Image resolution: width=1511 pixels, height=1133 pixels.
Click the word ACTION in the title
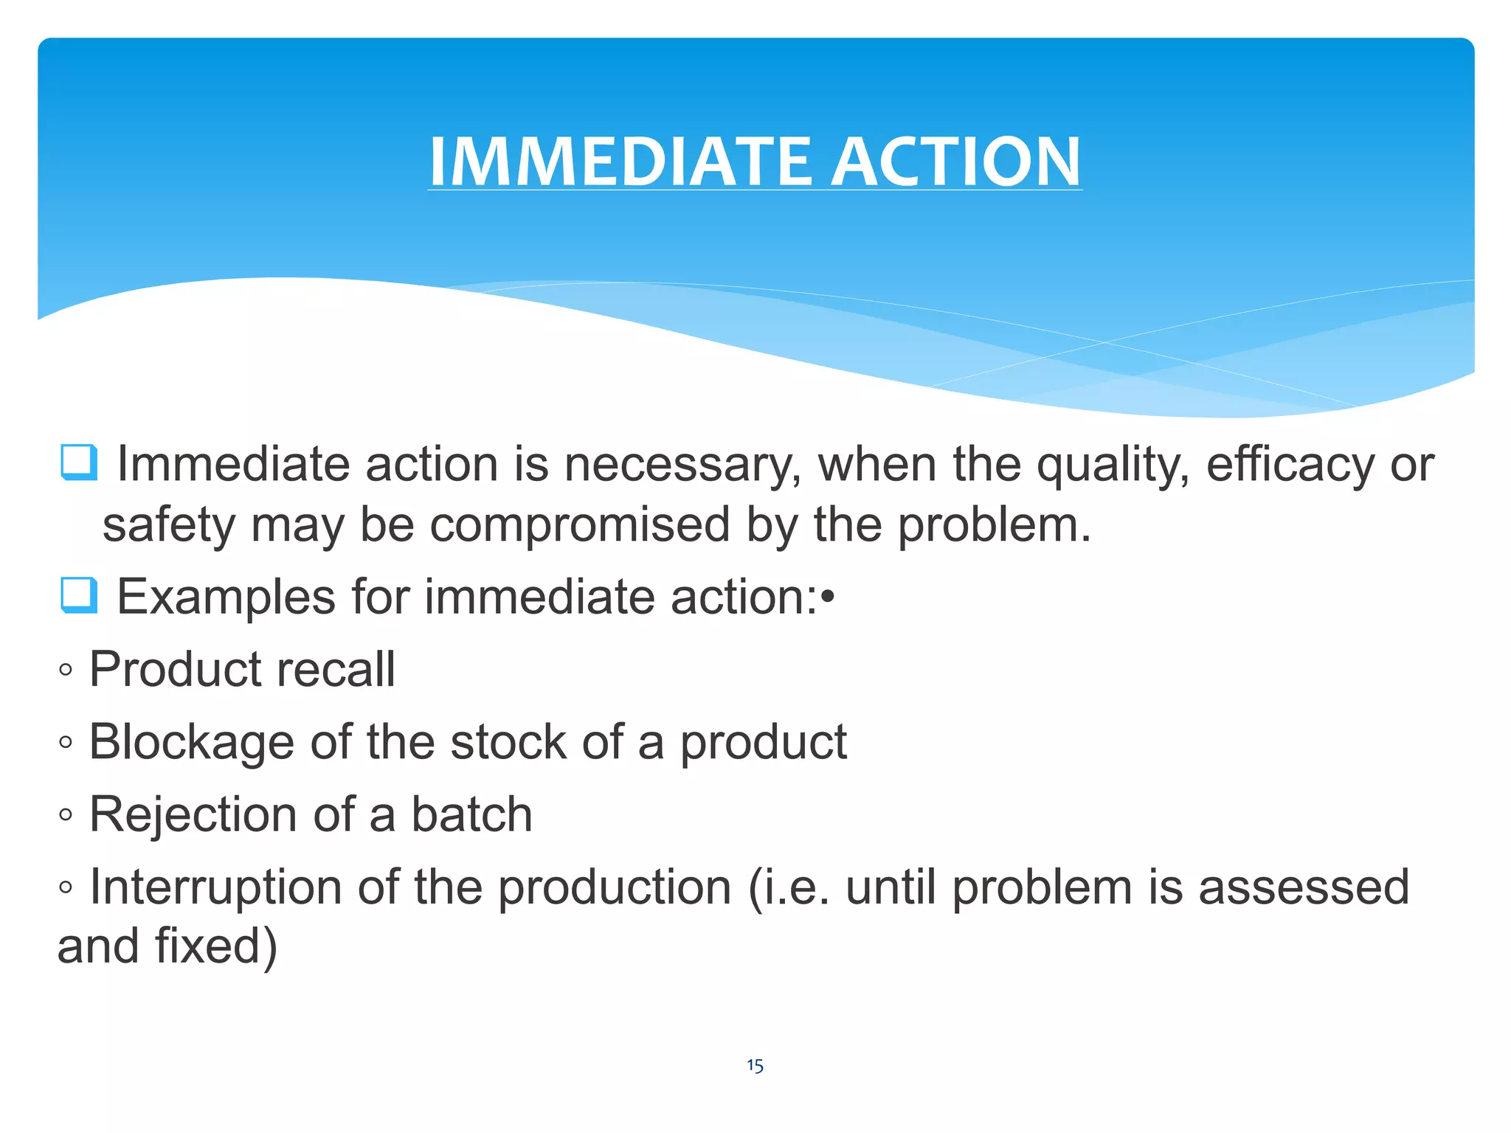pyautogui.click(x=957, y=162)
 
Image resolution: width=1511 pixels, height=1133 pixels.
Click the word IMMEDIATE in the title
pyautogui.click(x=620, y=162)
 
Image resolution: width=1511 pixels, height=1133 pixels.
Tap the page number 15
pyautogui.click(x=755, y=1065)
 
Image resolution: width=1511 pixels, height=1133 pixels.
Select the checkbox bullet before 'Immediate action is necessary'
pyautogui.click(x=79, y=462)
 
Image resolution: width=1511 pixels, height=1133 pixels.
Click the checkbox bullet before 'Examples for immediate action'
pyautogui.click(x=79, y=595)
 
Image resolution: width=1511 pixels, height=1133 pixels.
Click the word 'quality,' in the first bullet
pyautogui.click(x=1113, y=466)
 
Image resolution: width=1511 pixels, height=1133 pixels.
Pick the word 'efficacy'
pyautogui.click(x=1290, y=466)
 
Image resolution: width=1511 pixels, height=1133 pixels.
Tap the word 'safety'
pyautogui.click(x=168, y=525)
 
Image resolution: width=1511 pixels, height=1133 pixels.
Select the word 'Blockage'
pyautogui.click(x=191, y=742)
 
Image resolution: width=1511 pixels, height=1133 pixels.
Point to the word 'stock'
pyautogui.click(x=508, y=742)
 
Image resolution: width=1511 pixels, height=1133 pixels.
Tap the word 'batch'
pyautogui.click(x=471, y=814)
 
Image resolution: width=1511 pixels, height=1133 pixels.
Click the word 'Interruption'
pyautogui.click(x=215, y=887)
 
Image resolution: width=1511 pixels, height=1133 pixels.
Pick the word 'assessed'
pyautogui.click(x=1304, y=887)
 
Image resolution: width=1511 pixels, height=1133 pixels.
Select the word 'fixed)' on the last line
pyautogui.click(x=215, y=946)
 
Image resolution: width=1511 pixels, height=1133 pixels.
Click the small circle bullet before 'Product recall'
pyautogui.click(x=66, y=670)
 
